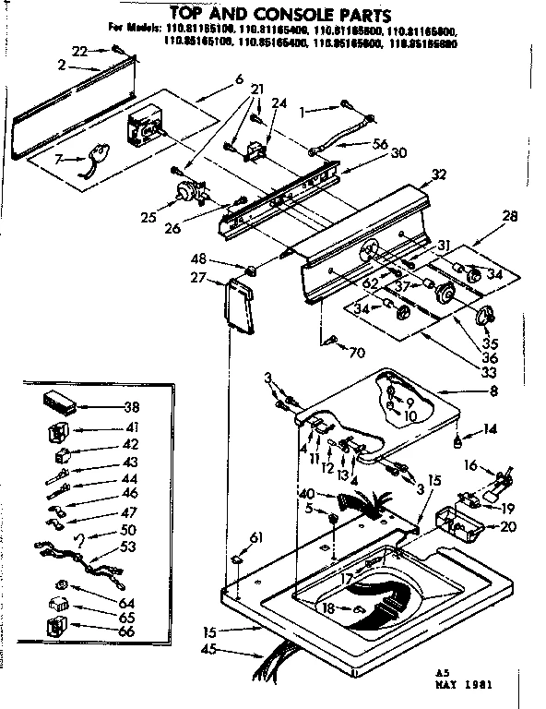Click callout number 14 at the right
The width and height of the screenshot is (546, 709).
490,428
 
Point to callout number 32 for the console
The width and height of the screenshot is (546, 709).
439,174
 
